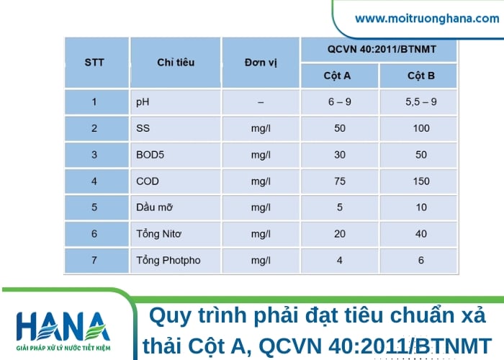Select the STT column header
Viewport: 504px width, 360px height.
click(94, 62)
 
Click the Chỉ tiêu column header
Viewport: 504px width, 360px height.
click(176, 62)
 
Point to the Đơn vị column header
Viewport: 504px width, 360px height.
click(260, 62)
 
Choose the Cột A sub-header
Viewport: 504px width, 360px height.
click(337, 76)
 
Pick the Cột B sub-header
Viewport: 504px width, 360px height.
click(421, 76)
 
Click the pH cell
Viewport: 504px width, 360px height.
click(143, 102)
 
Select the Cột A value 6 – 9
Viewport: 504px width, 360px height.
click(340, 102)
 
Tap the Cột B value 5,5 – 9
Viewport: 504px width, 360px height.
click(421, 102)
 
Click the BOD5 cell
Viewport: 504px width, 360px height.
click(150, 155)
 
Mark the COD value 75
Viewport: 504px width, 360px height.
click(340, 181)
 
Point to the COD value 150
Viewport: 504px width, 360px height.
click(421, 181)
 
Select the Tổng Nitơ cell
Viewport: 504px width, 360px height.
click(159, 234)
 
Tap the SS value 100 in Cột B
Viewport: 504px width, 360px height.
click(421, 128)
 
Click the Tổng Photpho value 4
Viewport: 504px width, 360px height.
click(340, 260)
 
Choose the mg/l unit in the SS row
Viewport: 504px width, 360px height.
click(260, 128)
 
